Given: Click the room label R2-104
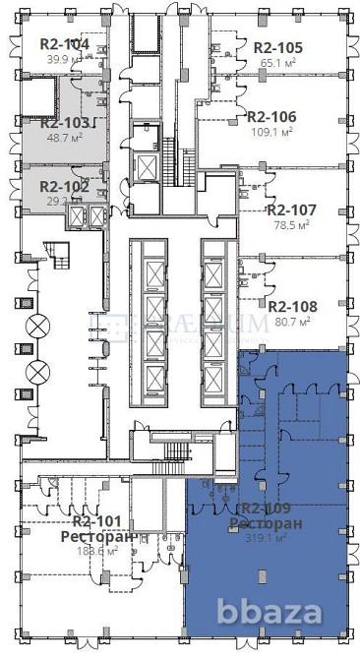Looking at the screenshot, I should pyautogui.click(x=64, y=44).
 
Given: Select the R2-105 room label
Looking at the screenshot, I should pyautogui.click(x=277, y=47).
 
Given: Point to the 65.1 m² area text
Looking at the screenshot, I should pyautogui.click(x=277, y=62).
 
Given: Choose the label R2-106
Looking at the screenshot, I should pyautogui.click(x=273, y=116).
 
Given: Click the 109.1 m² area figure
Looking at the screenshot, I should pyautogui.click(x=273, y=131).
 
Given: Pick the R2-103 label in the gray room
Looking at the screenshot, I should pyautogui.click(x=65, y=123).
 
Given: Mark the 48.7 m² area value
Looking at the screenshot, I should pyautogui.click(x=65, y=138).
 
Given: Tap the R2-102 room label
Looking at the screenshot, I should pyautogui.click(x=64, y=186).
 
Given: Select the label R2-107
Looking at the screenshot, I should pyautogui.click(x=290, y=210).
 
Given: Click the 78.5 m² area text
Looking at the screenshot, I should pyautogui.click(x=290, y=224).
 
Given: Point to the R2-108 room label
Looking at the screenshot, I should pyautogui.click(x=290, y=305).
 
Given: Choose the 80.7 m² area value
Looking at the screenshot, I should pyautogui.click(x=290, y=320).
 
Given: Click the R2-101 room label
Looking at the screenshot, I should pyautogui.click(x=97, y=521).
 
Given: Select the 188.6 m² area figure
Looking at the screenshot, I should pyautogui.click(x=97, y=551).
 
